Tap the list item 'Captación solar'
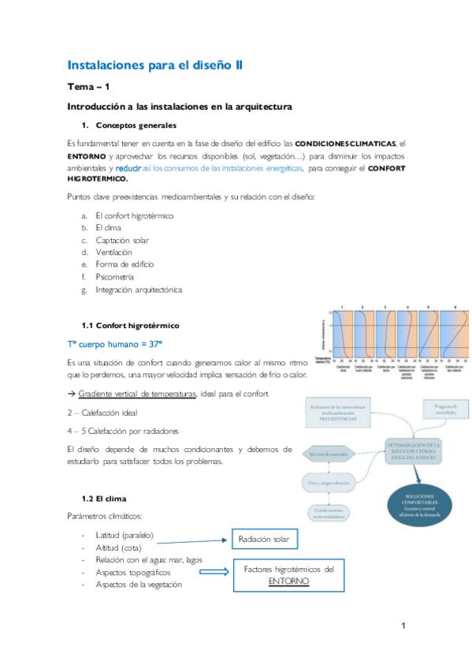[121, 240]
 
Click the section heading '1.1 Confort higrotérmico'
[130, 325]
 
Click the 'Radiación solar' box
[263, 540]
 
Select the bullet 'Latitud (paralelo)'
[125, 535]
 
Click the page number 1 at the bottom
[403, 626]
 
